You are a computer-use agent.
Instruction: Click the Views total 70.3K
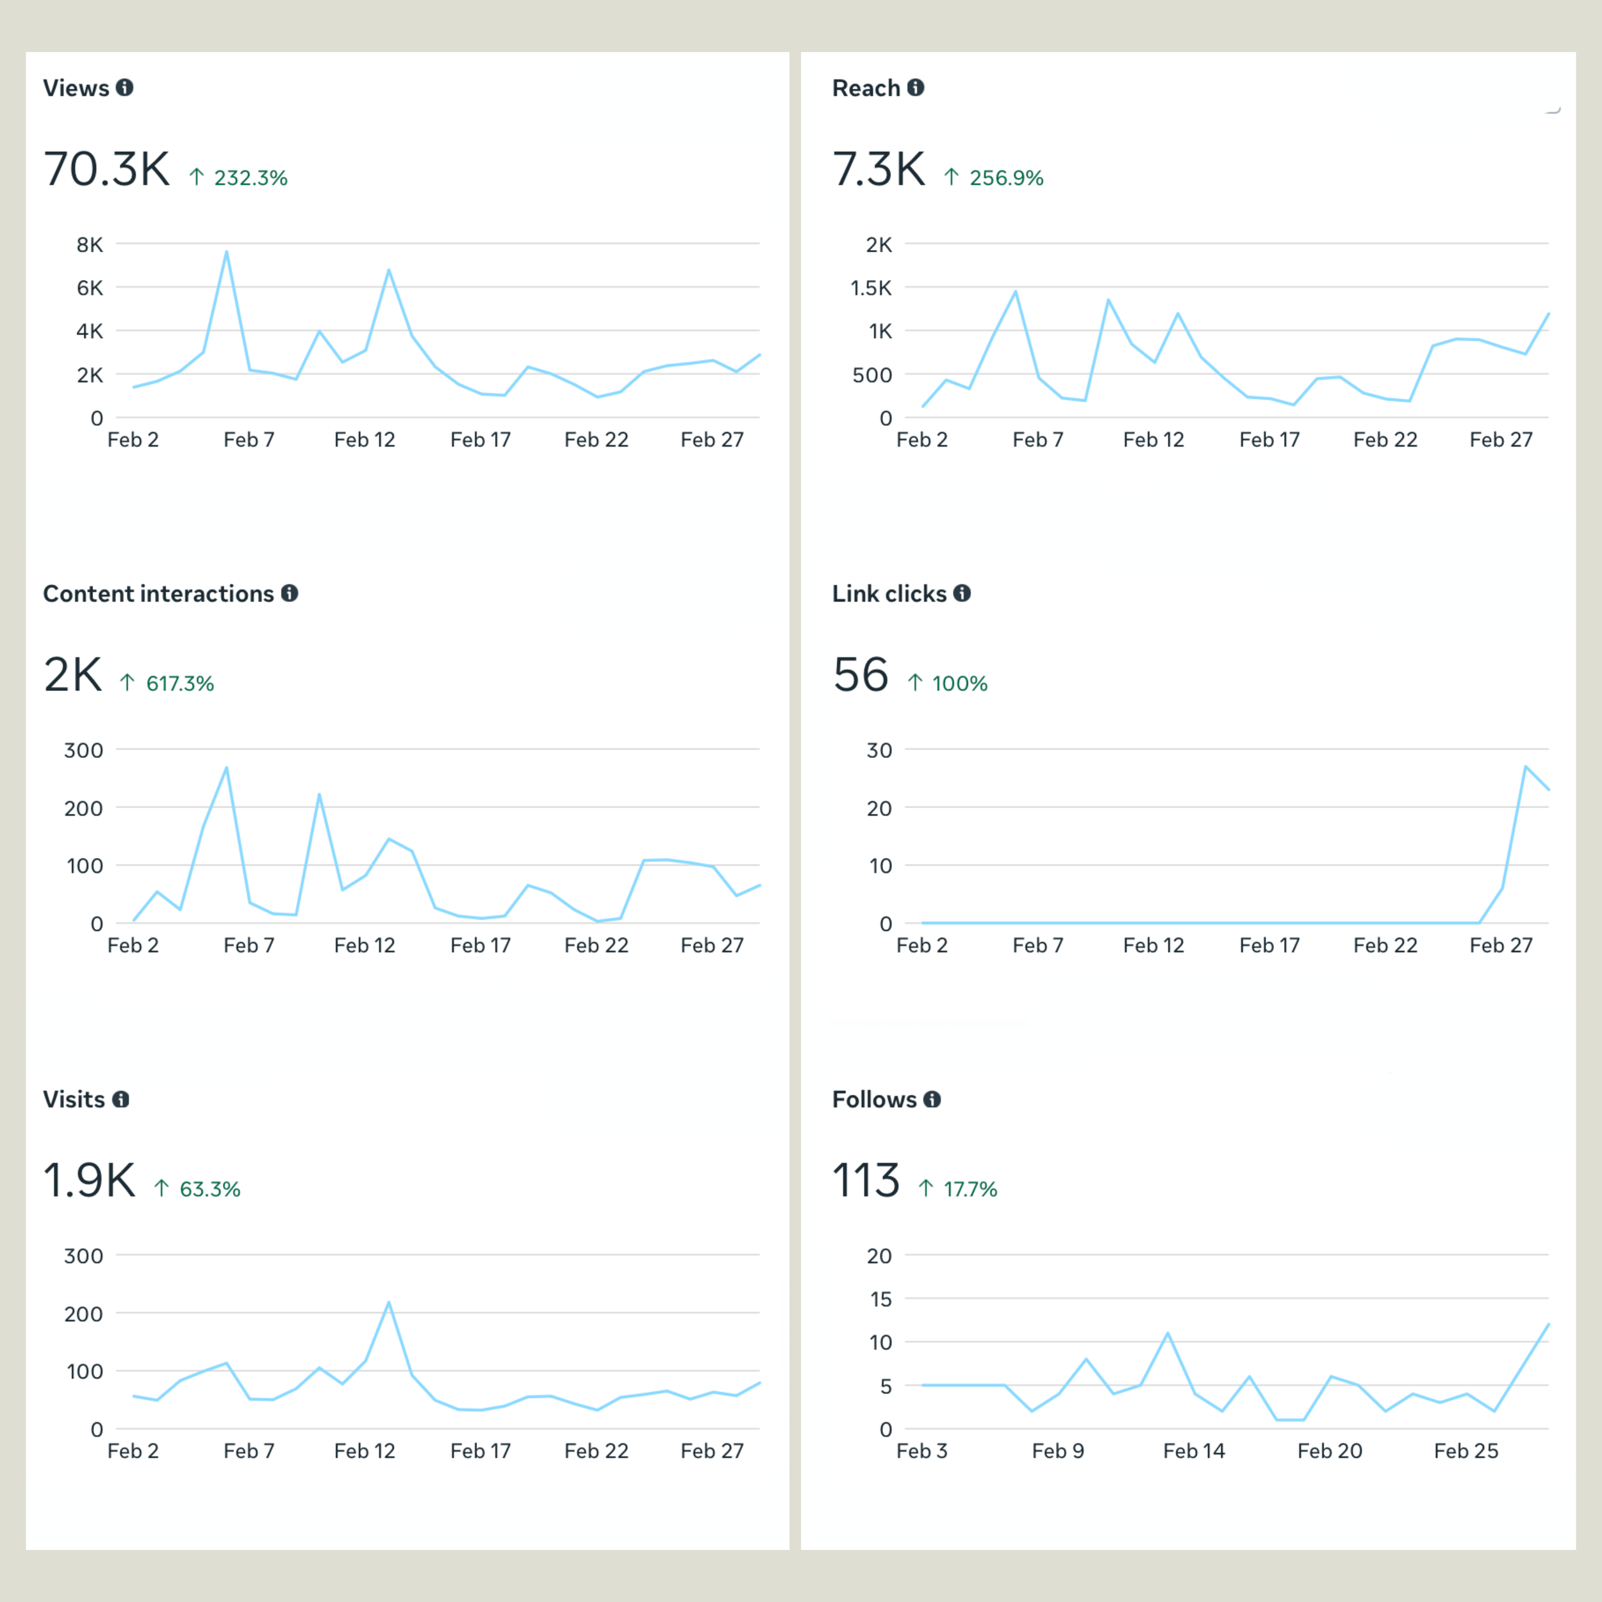106,169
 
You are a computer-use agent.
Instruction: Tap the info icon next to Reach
916,88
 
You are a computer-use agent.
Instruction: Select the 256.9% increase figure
1006,178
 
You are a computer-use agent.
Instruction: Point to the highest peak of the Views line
226,252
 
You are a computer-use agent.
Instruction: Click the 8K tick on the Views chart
90,245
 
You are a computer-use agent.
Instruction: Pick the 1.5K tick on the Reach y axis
871,288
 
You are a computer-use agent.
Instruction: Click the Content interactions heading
158,594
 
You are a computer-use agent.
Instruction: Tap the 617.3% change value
179,684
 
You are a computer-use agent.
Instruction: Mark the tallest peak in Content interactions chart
226,768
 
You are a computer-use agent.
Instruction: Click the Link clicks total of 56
860,675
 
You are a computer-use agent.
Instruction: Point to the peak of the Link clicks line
1525,766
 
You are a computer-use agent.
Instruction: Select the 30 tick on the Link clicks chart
879,750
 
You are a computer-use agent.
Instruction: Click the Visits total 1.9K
88,1181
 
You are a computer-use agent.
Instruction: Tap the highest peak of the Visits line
388,1303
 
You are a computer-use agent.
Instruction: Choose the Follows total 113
865,1181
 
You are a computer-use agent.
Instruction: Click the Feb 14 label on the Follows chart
1193,1451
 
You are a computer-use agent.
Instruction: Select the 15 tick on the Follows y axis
880,1300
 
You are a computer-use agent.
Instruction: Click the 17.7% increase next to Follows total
970,1190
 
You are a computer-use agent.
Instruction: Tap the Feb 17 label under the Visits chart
480,1451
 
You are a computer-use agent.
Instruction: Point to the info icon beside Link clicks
962,594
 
